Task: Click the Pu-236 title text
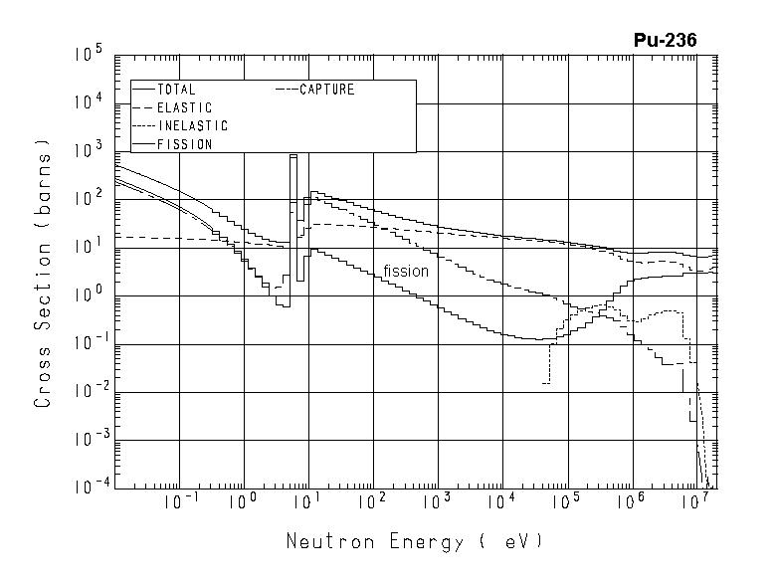(x=665, y=40)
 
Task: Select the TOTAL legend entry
(x=176, y=90)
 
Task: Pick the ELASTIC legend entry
(x=184, y=107)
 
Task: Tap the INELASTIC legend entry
(x=192, y=126)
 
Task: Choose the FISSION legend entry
(x=184, y=144)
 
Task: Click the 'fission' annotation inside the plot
(x=406, y=271)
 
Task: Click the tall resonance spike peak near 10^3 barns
(x=293, y=155)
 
